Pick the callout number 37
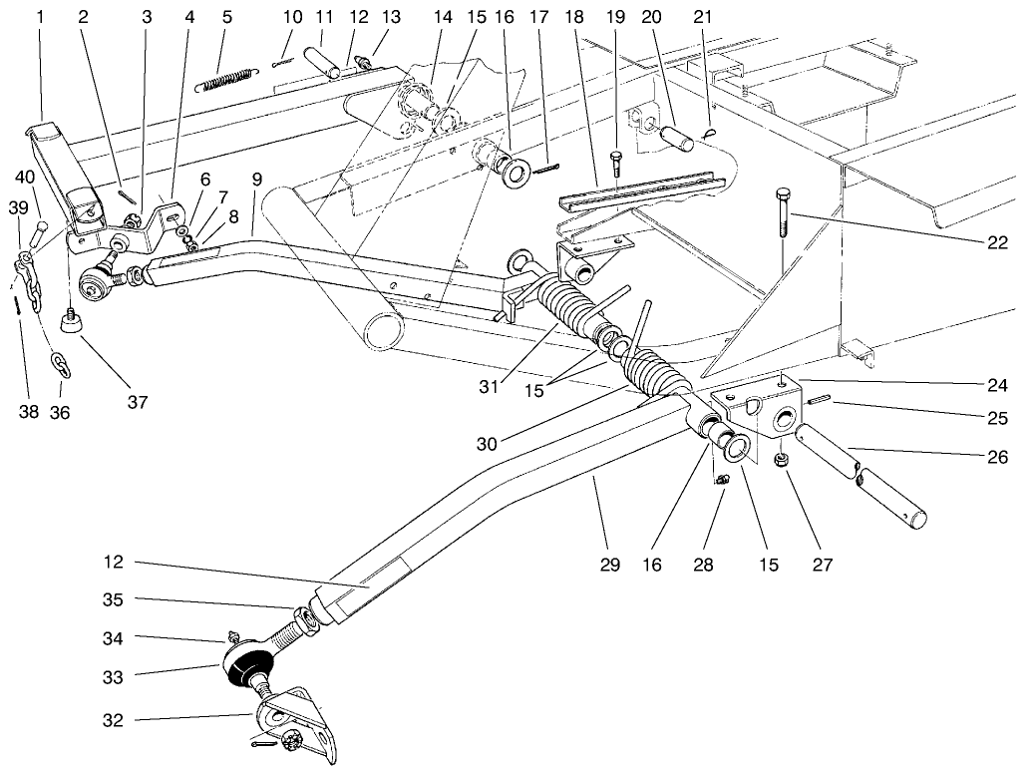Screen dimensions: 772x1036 pos(136,403)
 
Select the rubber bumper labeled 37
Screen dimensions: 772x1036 pos(71,320)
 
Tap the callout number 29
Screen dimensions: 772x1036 pos(610,566)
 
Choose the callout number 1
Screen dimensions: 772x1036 pos(40,17)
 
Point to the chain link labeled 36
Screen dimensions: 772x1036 pos(61,363)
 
